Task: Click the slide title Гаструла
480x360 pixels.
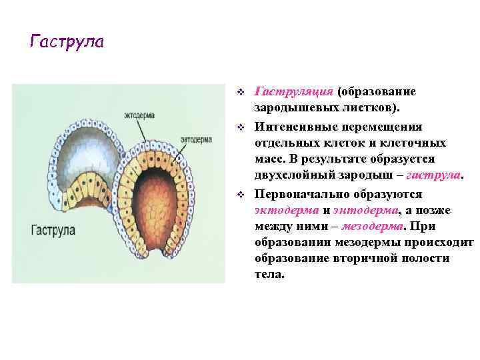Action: tap(67, 42)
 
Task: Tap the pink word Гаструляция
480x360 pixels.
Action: tap(294, 91)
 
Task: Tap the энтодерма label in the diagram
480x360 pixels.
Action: tap(197, 140)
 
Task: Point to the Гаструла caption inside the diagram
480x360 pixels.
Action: tap(53, 229)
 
